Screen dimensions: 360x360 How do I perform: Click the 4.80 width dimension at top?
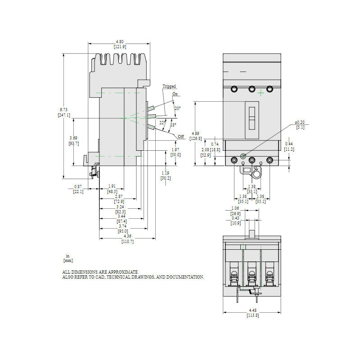coord(119,41)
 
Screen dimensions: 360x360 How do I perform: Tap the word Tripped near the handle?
coord(169,86)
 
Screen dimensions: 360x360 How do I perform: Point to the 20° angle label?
coord(178,108)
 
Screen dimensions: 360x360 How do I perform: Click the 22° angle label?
coord(162,122)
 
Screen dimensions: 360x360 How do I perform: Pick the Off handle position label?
coord(181,136)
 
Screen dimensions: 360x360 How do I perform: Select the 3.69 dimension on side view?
coord(73,138)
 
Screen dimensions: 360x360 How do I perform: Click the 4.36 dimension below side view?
coord(128,236)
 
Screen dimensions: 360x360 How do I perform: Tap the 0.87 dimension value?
coord(78,186)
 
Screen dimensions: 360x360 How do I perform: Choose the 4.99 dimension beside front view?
coord(195,133)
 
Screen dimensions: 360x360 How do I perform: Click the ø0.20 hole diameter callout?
coord(300,122)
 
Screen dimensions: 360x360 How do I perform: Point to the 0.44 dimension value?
coord(289,144)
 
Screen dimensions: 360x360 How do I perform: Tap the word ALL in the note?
coord(67,272)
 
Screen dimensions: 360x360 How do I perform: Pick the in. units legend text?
coord(68,256)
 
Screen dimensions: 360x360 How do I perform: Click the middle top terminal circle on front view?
coord(252,89)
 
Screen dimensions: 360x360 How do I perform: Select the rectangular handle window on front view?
coord(252,120)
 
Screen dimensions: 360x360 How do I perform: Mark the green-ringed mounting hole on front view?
coord(243,156)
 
